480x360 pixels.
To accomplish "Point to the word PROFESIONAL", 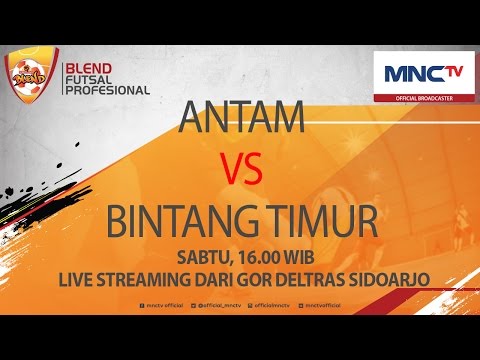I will click(x=106, y=90).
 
